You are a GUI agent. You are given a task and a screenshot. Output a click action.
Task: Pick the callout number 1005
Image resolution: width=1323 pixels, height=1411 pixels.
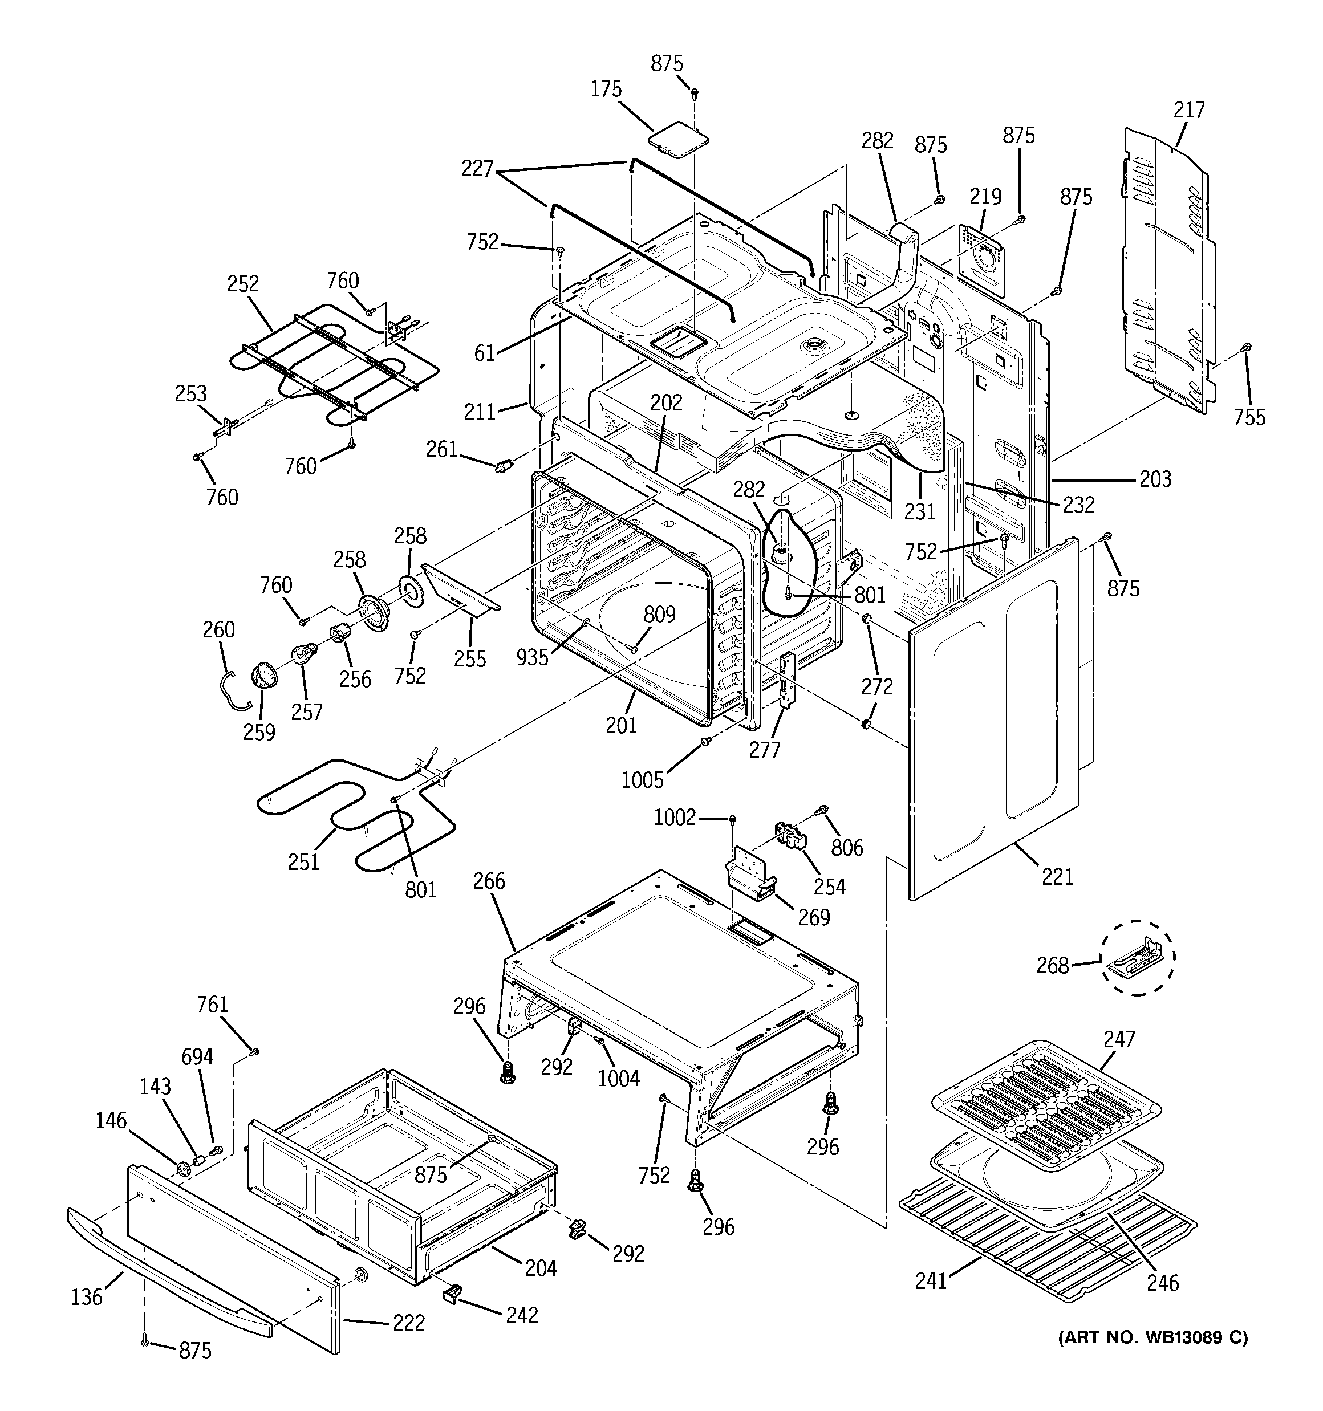(x=642, y=780)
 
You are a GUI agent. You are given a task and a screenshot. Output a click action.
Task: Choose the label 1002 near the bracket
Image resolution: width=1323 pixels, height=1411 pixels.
(x=674, y=818)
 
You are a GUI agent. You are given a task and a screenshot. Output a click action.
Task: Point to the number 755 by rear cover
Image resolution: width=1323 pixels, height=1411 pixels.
(x=1249, y=417)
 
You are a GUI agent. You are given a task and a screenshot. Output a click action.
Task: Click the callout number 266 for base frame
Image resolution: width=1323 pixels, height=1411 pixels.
(x=489, y=881)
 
